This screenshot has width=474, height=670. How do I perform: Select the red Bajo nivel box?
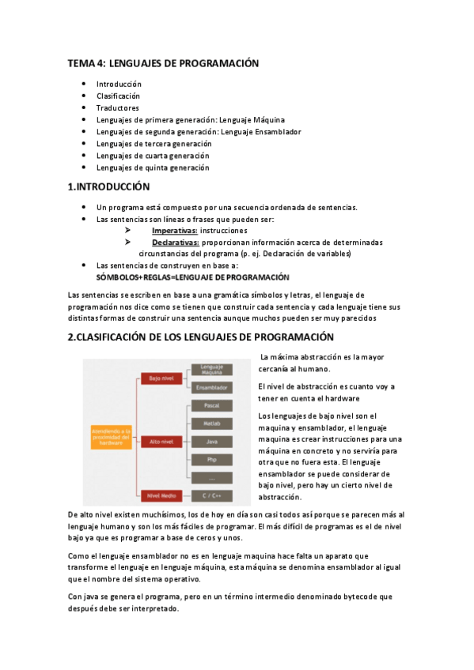[x=161, y=379]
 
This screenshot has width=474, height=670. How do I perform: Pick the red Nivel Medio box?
[x=161, y=496]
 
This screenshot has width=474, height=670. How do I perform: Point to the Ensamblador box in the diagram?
[x=211, y=388]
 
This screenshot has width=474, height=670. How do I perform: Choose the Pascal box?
[x=211, y=405]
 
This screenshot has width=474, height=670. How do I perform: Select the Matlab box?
[x=211, y=423]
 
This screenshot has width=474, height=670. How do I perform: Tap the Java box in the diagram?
[x=211, y=442]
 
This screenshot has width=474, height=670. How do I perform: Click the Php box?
[x=211, y=460]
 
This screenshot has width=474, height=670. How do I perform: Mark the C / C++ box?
[x=211, y=496]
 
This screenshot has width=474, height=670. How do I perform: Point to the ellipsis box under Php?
[x=211, y=478]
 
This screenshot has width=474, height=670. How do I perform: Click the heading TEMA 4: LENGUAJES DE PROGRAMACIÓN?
[x=163, y=63]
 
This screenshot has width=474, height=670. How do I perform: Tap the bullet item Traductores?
[x=118, y=108]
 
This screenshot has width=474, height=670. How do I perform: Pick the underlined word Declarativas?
[x=175, y=243]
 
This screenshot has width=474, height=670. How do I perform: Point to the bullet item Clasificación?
[x=119, y=96]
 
